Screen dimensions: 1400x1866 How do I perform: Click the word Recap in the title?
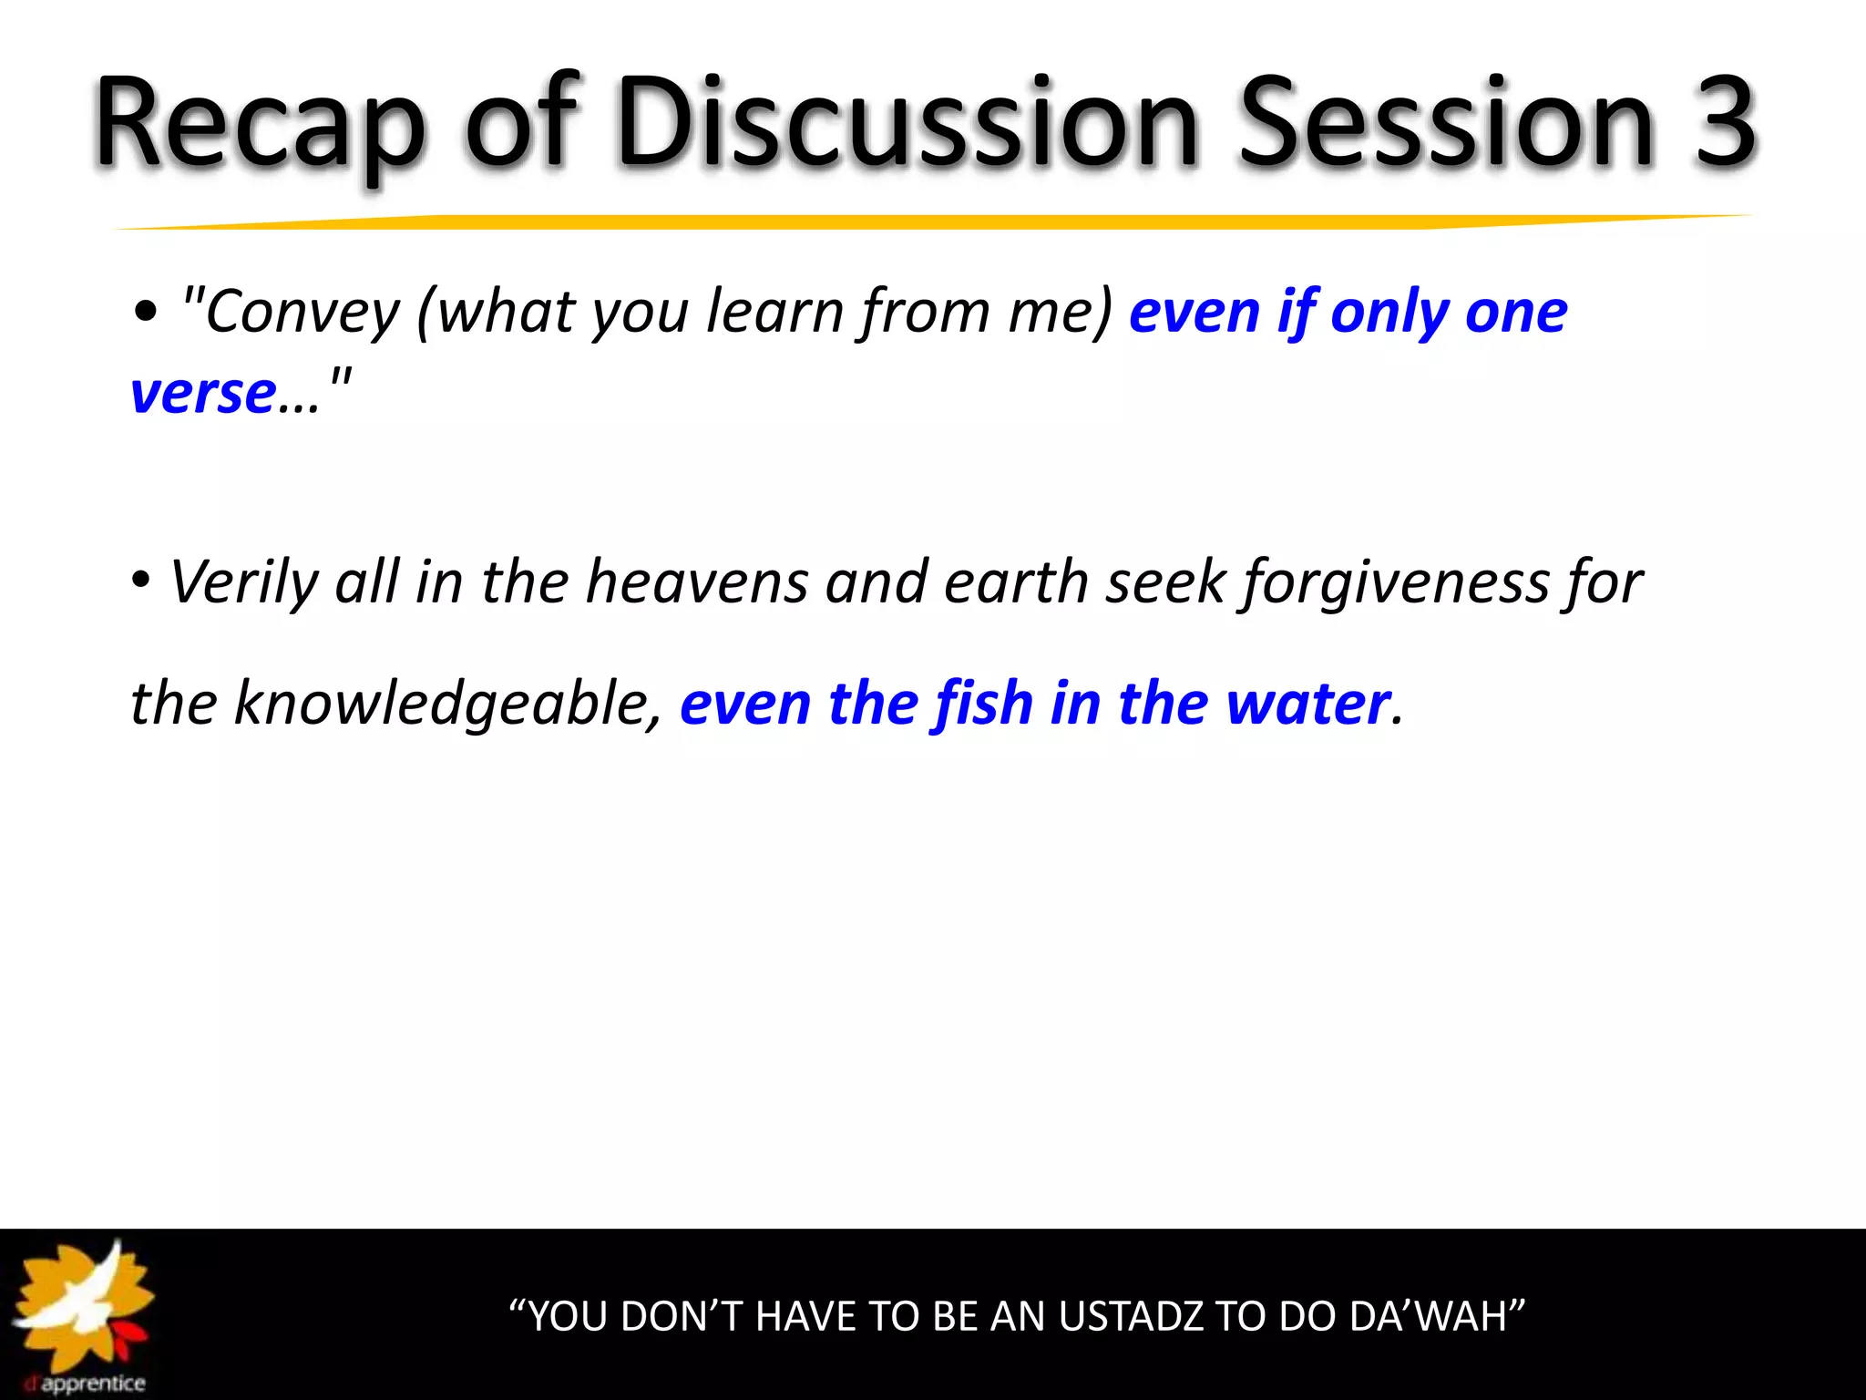point(260,123)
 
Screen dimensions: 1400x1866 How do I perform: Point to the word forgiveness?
point(1395,582)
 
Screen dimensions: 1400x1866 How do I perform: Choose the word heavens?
point(697,582)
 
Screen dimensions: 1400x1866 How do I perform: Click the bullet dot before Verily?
point(140,580)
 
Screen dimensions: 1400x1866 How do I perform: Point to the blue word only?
point(1390,312)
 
